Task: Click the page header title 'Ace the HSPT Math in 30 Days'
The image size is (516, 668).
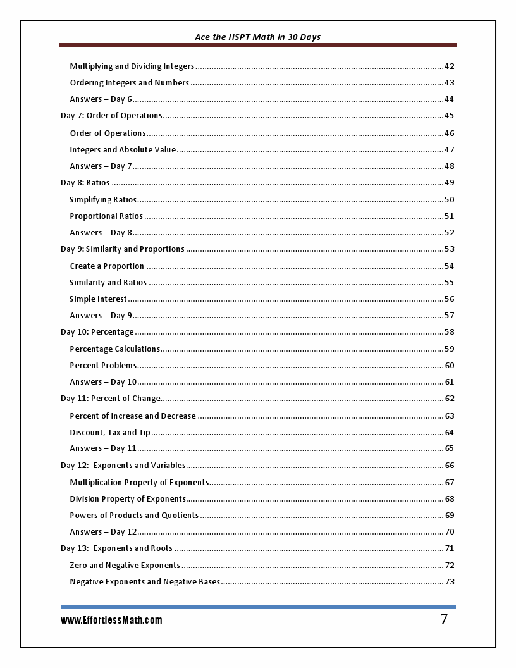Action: pos(257,37)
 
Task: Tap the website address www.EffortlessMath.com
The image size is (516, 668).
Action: pos(111,621)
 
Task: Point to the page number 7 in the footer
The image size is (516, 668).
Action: pos(444,620)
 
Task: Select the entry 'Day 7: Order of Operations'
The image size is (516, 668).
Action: pos(111,116)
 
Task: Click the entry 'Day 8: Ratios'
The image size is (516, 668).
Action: pos(85,183)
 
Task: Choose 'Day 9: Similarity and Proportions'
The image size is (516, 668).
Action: pos(123,249)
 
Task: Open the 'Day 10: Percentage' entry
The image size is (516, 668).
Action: pos(97,332)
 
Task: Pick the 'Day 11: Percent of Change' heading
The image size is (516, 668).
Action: pos(111,399)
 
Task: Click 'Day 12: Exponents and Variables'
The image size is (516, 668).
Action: pos(123,466)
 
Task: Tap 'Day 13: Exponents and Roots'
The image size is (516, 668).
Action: pos(116,548)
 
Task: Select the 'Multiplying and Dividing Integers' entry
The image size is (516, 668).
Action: pos(132,66)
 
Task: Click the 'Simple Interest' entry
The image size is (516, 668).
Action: pos(98,299)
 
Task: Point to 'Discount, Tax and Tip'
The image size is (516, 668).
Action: pos(110,433)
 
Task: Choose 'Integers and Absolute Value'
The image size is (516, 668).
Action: pos(123,150)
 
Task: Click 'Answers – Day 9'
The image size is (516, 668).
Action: pos(101,316)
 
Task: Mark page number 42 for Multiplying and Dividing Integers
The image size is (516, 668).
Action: pos(450,66)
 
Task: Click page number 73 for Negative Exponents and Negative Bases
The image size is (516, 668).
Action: pos(450,582)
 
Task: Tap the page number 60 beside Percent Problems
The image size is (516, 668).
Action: pos(450,366)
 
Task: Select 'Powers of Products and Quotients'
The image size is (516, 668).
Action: pos(134,516)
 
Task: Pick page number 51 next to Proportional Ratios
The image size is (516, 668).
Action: pos(450,216)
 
